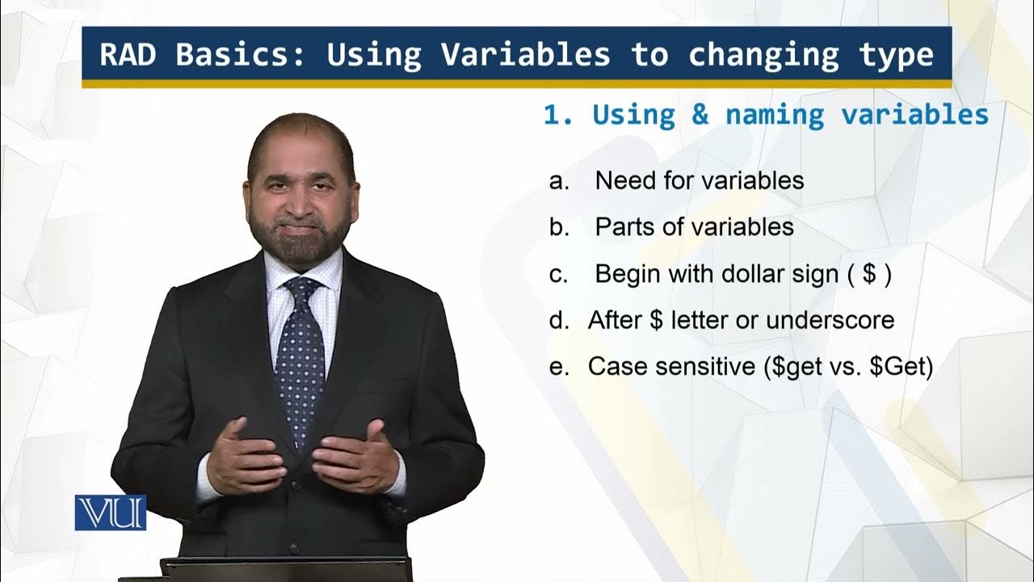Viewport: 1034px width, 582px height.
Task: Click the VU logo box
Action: click(111, 512)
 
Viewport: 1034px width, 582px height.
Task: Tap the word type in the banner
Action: click(896, 55)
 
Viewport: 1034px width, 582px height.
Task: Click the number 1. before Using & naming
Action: click(557, 115)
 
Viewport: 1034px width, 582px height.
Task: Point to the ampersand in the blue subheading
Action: click(699, 115)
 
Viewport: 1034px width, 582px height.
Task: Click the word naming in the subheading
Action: click(774, 115)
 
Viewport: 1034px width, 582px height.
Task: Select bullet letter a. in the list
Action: click(559, 180)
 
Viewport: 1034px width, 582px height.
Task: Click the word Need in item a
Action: click(624, 180)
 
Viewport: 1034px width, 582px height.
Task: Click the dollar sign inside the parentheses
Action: click(870, 274)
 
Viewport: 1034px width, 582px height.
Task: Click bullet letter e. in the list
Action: click(557, 367)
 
